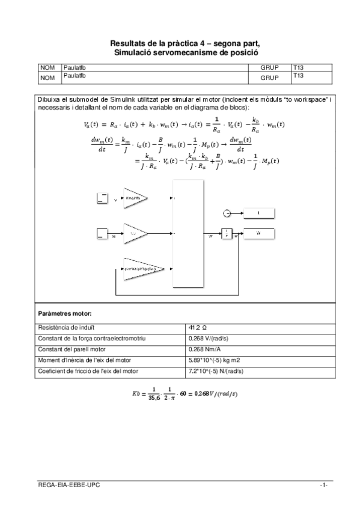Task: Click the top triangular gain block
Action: click(136, 198)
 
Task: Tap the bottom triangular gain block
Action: click(139, 269)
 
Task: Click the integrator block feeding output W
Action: click(227, 234)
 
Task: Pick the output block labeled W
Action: click(258, 234)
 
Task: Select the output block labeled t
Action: click(258, 213)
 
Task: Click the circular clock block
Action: click(227, 213)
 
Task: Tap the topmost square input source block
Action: click(103, 198)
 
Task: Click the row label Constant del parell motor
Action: click(69, 349)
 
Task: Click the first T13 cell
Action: click(298, 67)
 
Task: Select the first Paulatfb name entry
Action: click(75, 67)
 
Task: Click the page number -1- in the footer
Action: click(323, 485)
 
